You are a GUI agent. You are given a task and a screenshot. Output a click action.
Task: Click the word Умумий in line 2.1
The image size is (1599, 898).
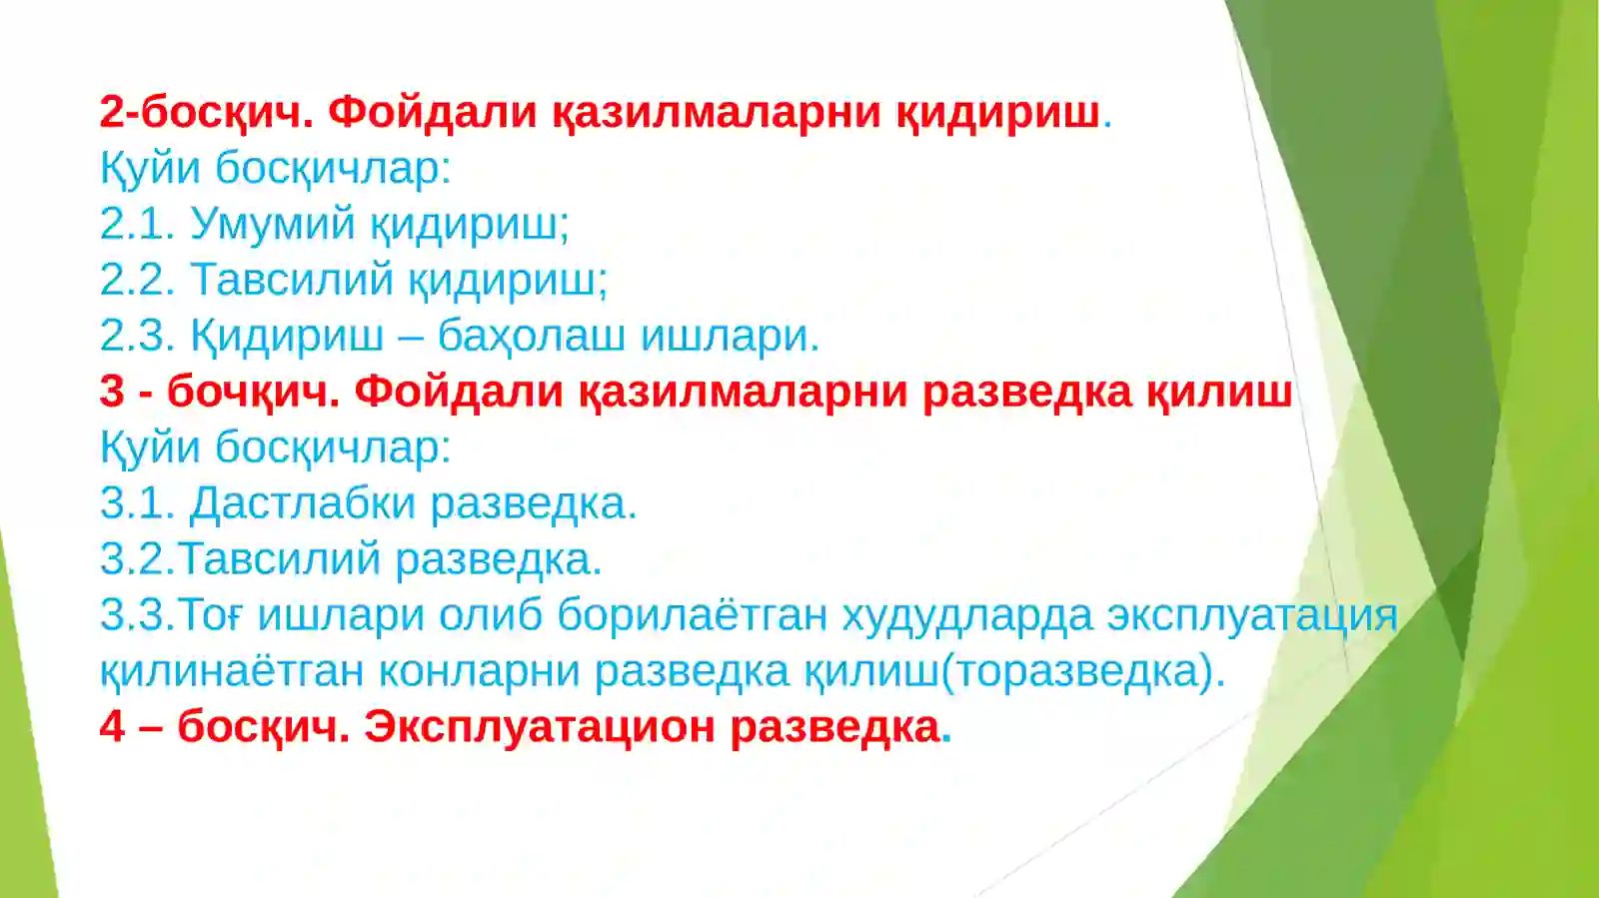pyautogui.click(x=272, y=224)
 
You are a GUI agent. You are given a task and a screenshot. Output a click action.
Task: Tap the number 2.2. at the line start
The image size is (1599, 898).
pyautogui.click(x=137, y=280)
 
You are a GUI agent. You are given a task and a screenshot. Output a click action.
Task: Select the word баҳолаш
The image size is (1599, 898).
pyautogui.click(x=532, y=336)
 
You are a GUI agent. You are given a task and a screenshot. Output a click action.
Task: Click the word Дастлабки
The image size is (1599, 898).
pyautogui.click(x=302, y=503)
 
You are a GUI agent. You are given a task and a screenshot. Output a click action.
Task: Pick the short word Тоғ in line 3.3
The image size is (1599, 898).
pyautogui.click(x=210, y=615)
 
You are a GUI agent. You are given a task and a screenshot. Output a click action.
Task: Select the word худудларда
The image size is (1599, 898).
pyautogui.click(x=966, y=615)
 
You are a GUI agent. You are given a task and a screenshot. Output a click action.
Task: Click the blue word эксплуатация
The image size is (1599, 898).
pyautogui.click(x=1251, y=615)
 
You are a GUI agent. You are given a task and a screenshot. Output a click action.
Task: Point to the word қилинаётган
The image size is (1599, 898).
pyautogui.click(x=231, y=671)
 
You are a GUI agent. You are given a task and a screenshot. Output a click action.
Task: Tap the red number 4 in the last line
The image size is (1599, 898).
pyautogui.click(x=112, y=727)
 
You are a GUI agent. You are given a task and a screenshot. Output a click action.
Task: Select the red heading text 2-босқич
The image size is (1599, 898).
pyautogui.click(x=207, y=112)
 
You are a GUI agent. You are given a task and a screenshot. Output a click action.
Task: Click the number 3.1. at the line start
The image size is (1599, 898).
pyautogui.click(x=137, y=503)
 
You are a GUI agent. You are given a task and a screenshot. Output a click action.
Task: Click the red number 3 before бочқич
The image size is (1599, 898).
pyautogui.click(x=112, y=392)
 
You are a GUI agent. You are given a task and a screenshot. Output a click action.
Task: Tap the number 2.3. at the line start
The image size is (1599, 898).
pyautogui.click(x=137, y=336)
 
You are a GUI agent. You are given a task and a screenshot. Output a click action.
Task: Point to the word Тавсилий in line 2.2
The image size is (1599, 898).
pyautogui.click(x=291, y=280)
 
